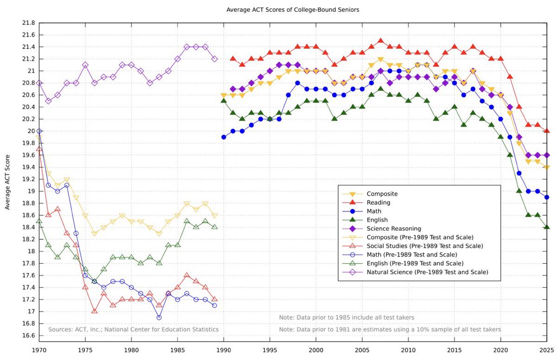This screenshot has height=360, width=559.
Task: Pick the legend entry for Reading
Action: point(378,203)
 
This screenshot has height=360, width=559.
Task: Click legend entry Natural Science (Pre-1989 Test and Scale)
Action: point(427,272)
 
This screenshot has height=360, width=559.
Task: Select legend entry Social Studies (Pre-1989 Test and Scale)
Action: point(424,246)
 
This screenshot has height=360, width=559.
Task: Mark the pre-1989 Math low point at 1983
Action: point(159,318)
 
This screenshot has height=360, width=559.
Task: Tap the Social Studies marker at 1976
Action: point(95,311)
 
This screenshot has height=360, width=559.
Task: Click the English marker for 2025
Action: point(546,227)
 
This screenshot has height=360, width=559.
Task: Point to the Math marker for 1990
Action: point(224,137)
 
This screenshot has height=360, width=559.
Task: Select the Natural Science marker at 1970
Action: point(39,83)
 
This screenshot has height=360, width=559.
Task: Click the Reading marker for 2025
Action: point(546,131)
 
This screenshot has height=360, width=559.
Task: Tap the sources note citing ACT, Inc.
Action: point(133,330)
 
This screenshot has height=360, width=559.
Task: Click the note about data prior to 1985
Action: point(346,318)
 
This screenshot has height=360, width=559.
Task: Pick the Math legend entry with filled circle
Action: point(374,211)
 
